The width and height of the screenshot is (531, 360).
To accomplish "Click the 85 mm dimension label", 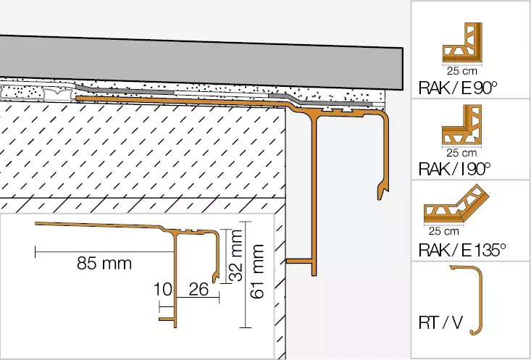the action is pos(104,263).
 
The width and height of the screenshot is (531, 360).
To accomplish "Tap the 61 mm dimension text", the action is pos(257,272).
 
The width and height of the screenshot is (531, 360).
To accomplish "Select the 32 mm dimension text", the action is pos(236,256).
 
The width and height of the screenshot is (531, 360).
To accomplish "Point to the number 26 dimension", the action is pos(198,290).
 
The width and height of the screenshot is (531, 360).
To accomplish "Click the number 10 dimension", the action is pos(163,290).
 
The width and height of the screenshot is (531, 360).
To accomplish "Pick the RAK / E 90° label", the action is pos(458,88).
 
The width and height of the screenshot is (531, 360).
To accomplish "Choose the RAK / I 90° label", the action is pos(454,169).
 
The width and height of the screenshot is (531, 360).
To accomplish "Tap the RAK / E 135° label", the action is pos(462,250).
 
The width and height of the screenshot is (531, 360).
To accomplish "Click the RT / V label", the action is pos(440,323).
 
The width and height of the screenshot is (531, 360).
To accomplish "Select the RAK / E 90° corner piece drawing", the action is pos(462,43).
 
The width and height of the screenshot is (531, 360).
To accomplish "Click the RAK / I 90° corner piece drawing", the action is pos(461,125).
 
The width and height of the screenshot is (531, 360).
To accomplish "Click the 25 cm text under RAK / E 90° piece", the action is pos(462,71).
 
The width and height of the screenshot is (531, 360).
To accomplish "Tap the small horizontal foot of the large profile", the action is pos(299,261).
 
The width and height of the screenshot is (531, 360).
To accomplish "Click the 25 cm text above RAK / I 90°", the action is pos(461,153).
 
